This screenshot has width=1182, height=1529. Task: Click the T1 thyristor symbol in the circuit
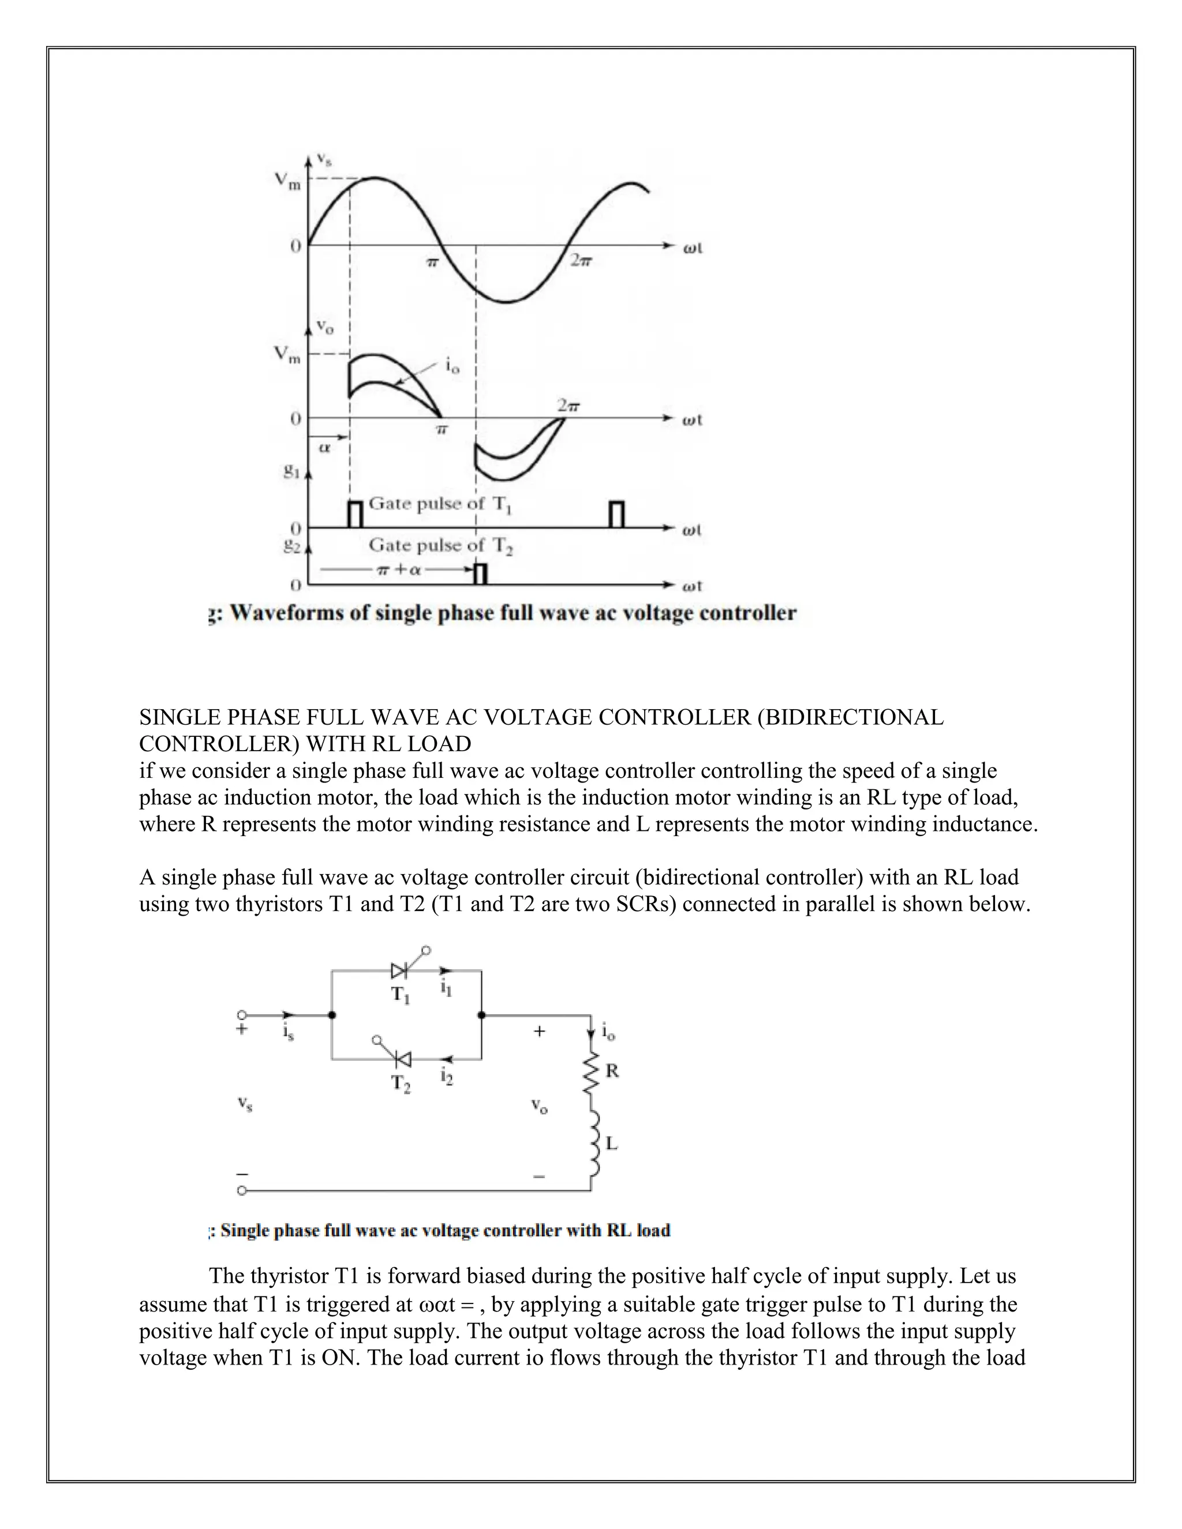pyautogui.click(x=400, y=970)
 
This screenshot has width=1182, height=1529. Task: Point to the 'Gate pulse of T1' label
pyautogui.click(x=440, y=504)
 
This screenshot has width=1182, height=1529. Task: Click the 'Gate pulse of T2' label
pyautogui.click(x=441, y=545)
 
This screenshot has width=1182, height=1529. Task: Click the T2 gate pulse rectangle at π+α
pyautogui.click(x=480, y=574)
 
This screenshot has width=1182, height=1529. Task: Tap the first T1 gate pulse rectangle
pyautogui.click(x=356, y=514)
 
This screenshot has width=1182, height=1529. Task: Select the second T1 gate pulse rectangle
pyautogui.click(x=616, y=514)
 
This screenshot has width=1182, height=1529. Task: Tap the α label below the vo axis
pyautogui.click(x=324, y=447)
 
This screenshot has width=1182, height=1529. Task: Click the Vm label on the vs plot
pyautogui.click(x=287, y=181)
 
